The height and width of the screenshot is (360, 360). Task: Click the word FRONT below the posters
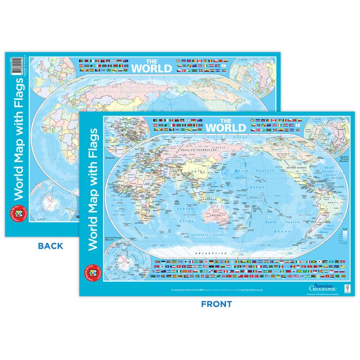coord(216,304)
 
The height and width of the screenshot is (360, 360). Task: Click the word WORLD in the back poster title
coord(151,68)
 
